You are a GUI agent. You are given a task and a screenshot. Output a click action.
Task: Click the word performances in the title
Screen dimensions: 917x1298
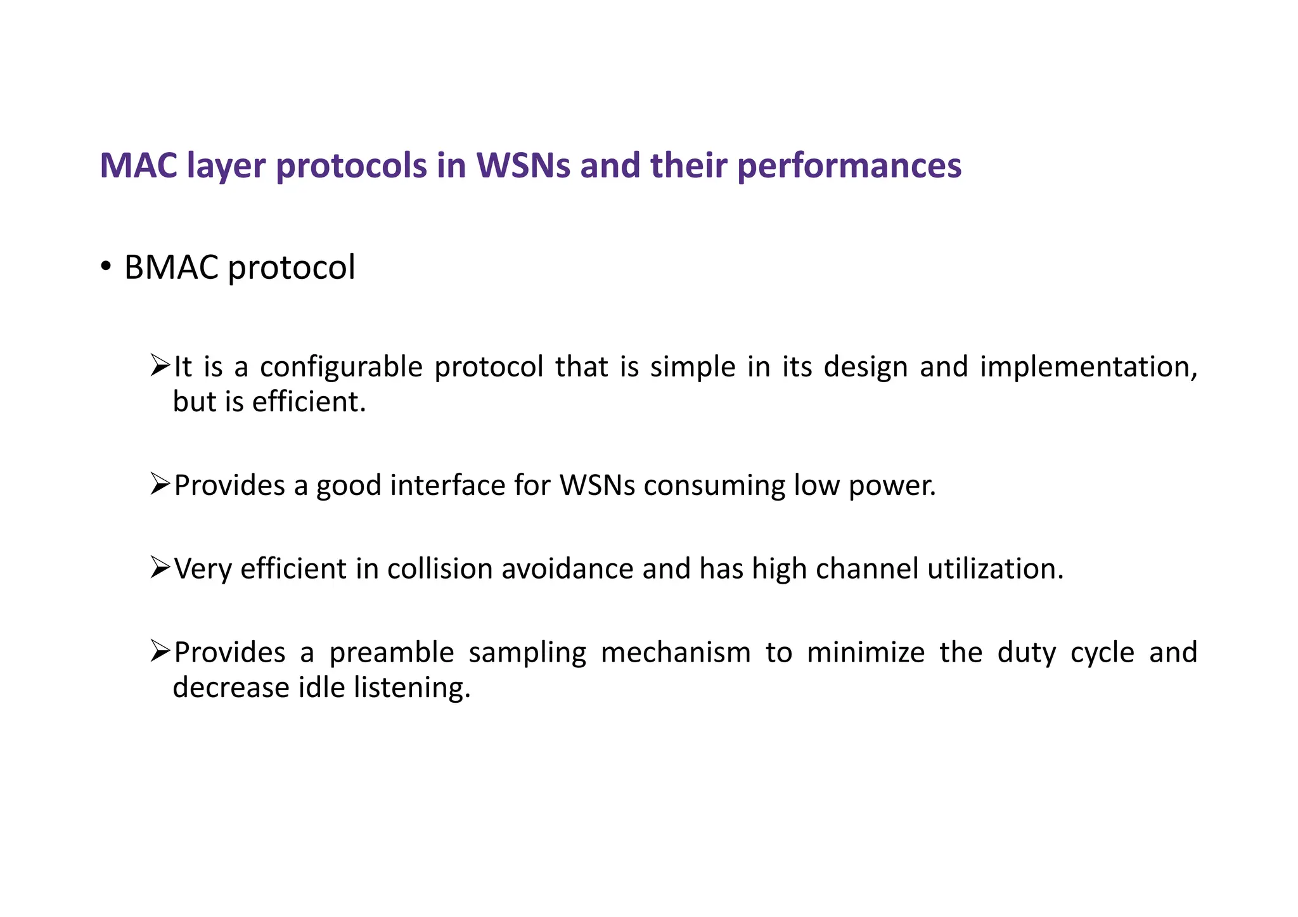click(x=849, y=166)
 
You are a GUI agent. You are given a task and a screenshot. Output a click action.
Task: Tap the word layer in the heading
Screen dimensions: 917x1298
click(x=226, y=166)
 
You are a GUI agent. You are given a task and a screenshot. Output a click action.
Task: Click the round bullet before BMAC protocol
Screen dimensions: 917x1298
click(x=106, y=266)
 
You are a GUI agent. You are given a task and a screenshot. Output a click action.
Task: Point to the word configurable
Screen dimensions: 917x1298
click(x=341, y=367)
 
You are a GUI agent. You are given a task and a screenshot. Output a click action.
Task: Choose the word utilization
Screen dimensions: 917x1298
click(x=995, y=568)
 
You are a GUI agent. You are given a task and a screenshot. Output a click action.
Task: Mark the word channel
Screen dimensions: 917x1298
click(x=866, y=568)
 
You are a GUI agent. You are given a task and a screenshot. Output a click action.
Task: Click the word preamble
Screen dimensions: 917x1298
click(x=392, y=652)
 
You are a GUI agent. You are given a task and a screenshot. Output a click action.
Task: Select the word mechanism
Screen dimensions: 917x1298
click(x=676, y=652)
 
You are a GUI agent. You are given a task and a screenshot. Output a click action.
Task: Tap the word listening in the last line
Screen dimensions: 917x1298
click(x=412, y=688)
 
